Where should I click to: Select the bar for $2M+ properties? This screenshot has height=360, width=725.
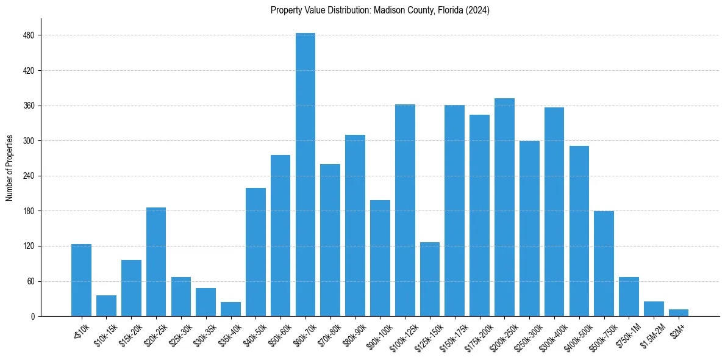click(679, 313)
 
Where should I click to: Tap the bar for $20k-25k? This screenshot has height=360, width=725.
click(156, 262)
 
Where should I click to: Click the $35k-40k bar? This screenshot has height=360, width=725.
click(230, 309)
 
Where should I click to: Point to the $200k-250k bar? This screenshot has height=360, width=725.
click(504, 207)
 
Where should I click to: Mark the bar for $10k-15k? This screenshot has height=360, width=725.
click(106, 306)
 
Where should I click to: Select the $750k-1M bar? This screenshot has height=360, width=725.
click(629, 297)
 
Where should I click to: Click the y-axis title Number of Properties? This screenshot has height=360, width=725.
click(9, 168)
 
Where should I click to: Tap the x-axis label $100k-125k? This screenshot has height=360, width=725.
click(402, 334)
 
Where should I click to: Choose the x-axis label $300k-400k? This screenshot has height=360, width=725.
click(551, 334)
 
